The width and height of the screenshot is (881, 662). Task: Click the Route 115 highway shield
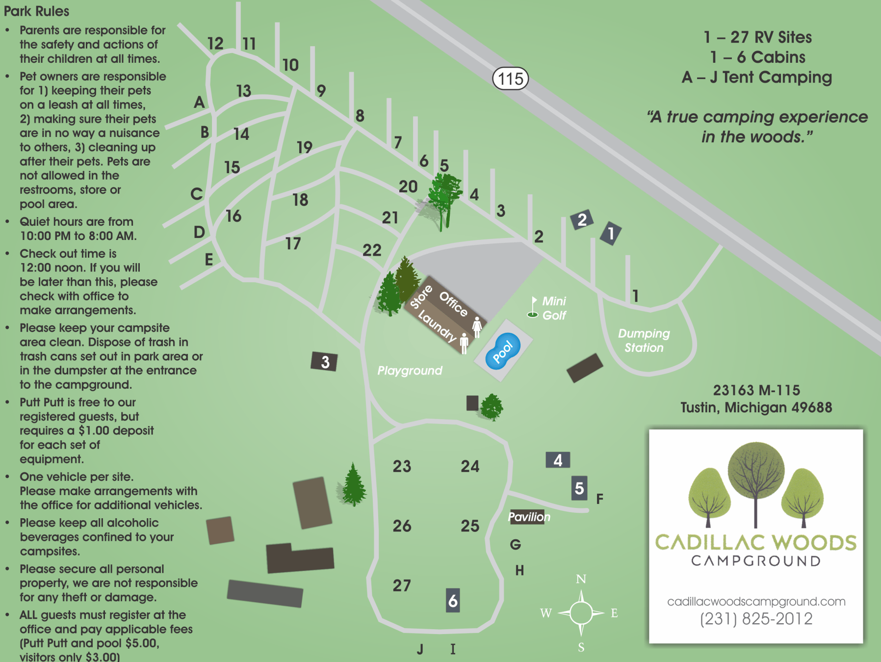[510, 79]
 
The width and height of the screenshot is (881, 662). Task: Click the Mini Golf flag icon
[533, 307]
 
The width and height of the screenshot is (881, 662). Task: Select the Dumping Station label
[644, 341]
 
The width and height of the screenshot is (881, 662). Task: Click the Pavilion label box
[528, 517]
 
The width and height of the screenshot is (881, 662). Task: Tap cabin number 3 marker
[324, 362]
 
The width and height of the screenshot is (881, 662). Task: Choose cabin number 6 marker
[453, 601]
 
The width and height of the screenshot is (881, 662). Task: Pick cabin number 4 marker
[558, 460]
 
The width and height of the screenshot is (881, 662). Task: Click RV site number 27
[402, 585]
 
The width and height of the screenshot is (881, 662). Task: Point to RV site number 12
[215, 44]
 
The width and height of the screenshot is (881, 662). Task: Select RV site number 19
[304, 147]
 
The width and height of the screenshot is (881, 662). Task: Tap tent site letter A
[199, 102]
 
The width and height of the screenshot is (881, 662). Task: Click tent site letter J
[420, 649]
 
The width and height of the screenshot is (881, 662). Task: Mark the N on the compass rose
[581, 579]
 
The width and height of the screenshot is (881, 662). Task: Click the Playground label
[410, 371]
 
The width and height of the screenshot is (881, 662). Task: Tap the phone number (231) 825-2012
[756, 619]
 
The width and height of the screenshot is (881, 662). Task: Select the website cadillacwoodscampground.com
[756, 601]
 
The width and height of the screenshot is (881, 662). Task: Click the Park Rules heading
[36, 11]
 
